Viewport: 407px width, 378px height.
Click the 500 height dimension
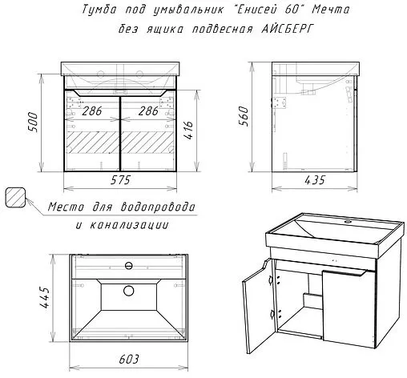click(x=33, y=123)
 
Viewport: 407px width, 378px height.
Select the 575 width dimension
click(x=120, y=180)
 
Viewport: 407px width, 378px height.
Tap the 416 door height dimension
click(x=188, y=131)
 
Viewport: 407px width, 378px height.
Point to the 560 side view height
click(x=244, y=116)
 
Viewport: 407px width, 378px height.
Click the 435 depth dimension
click(x=315, y=180)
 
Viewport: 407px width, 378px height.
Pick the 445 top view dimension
click(x=44, y=298)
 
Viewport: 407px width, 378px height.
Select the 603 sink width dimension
click(x=129, y=360)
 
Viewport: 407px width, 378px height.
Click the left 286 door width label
click(x=92, y=111)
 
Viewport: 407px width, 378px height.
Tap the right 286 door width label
click(x=148, y=111)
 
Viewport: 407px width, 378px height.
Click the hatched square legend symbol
click(x=15, y=197)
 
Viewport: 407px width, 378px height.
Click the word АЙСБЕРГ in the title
click(x=286, y=28)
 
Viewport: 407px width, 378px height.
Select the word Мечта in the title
click(x=331, y=10)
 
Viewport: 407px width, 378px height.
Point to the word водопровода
click(x=158, y=207)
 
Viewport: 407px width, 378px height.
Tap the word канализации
click(x=129, y=225)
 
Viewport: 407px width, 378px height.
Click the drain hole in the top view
click(x=129, y=291)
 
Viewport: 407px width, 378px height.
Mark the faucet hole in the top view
click(x=129, y=266)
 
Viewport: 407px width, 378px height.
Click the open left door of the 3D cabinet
click(x=258, y=306)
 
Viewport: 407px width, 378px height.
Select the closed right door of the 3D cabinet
click(x=349, y=309)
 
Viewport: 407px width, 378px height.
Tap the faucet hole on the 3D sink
click(x=348, y=221)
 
